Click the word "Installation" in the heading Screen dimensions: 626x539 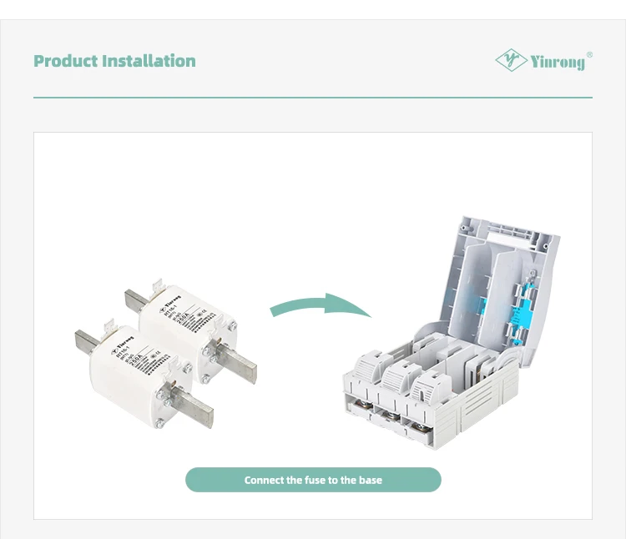point(148,61)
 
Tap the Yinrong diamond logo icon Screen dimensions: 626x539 point(511,60)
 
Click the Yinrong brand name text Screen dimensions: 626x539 point(558,62)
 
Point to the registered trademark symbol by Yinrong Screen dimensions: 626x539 point(589,54)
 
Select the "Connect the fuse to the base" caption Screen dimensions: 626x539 point(313,480)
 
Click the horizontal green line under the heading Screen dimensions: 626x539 point(313,98)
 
